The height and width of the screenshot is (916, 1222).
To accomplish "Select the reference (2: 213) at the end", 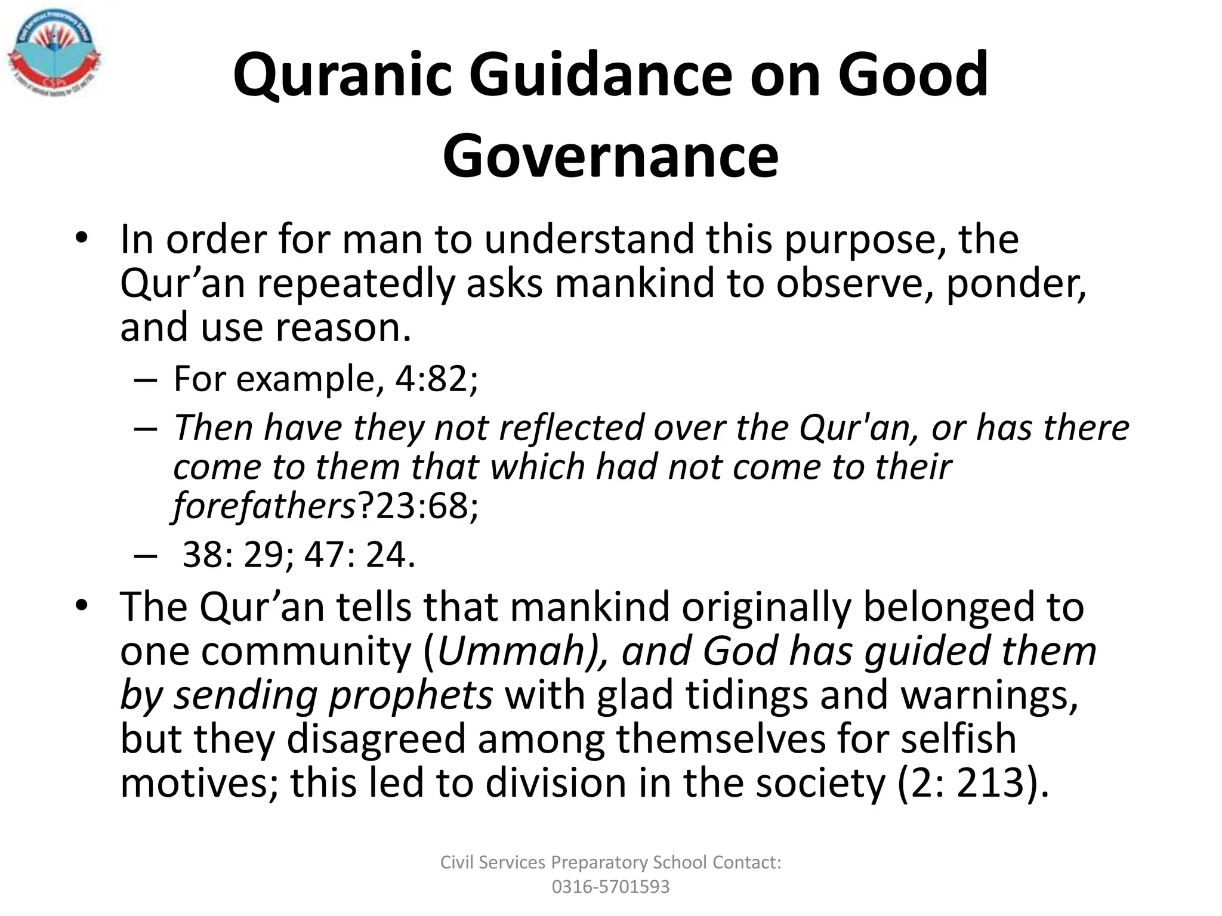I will tap(973, 782).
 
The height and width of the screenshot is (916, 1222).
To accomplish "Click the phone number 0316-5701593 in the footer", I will tap(610, 887).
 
